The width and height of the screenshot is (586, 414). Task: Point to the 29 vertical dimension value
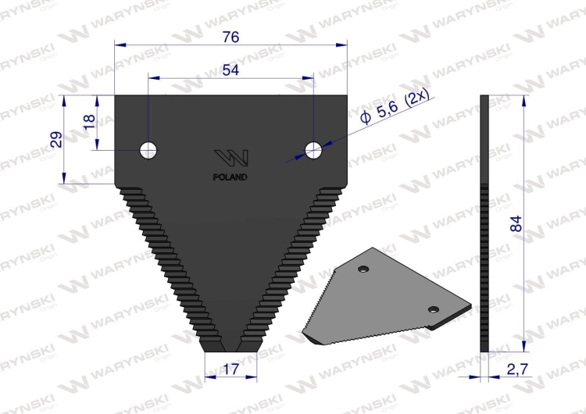55,140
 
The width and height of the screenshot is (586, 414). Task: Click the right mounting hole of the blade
313,149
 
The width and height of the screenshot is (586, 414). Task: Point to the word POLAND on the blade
230,177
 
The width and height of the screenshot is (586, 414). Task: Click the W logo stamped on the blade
231,156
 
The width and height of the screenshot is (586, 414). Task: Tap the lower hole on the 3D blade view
431,309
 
